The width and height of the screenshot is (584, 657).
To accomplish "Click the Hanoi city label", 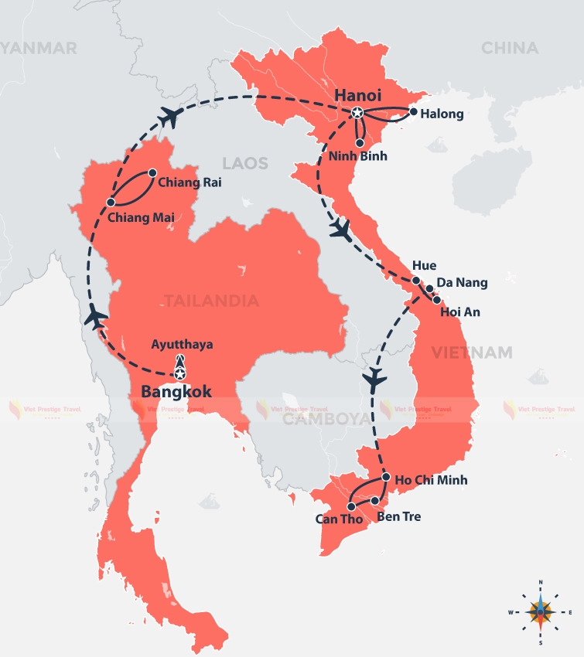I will coord(358,95).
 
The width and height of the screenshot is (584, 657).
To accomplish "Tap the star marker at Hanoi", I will coord(357,113).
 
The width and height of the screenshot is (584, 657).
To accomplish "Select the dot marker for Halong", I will coord(413,112).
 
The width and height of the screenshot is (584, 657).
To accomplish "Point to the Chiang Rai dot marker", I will coord(152,173).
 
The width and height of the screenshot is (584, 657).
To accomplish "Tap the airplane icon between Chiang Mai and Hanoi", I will coord(169,116).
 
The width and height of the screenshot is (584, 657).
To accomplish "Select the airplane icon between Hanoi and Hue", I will coord(340,229).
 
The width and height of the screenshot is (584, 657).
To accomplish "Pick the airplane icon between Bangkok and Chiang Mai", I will coord(97,318).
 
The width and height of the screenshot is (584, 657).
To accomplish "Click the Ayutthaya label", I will coord(182,344).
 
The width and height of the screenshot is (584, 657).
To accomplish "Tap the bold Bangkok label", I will coord(176,392).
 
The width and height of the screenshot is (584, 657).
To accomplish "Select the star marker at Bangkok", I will coord(180,375).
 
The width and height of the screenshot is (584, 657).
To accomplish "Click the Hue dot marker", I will coord(416,281).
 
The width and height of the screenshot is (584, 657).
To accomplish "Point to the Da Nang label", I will coord(462,283).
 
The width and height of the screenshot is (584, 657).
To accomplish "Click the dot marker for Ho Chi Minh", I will coord(386,477).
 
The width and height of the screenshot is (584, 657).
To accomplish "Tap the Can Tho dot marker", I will coord(351,507).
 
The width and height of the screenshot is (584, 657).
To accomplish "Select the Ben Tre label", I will coord(399,516).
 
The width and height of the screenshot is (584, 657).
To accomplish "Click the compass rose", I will coord(540,611).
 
